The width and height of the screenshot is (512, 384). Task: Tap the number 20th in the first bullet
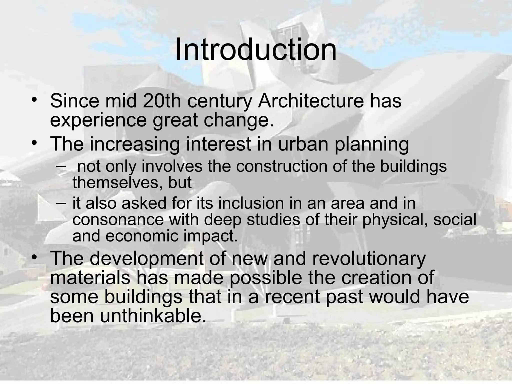[x=162, y=101]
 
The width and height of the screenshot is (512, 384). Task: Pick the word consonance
[x=118, y=219]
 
